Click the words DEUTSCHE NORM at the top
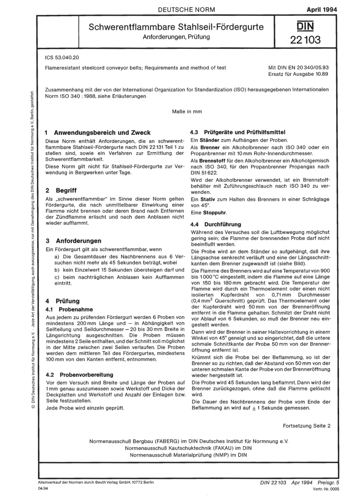click(x=186, y=9)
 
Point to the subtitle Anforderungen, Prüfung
click(x=176, y=37)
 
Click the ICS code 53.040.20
click(x=62, y=57)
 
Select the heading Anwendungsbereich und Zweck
click(x=102, y=133)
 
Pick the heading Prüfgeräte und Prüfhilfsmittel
click(x=244, y=133)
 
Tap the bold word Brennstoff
click(x=213, y=161)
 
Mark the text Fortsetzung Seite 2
click(x=306, y=426)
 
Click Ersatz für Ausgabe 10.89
click(x=298, y=74)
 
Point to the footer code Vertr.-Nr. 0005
click(x=326, y=489)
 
